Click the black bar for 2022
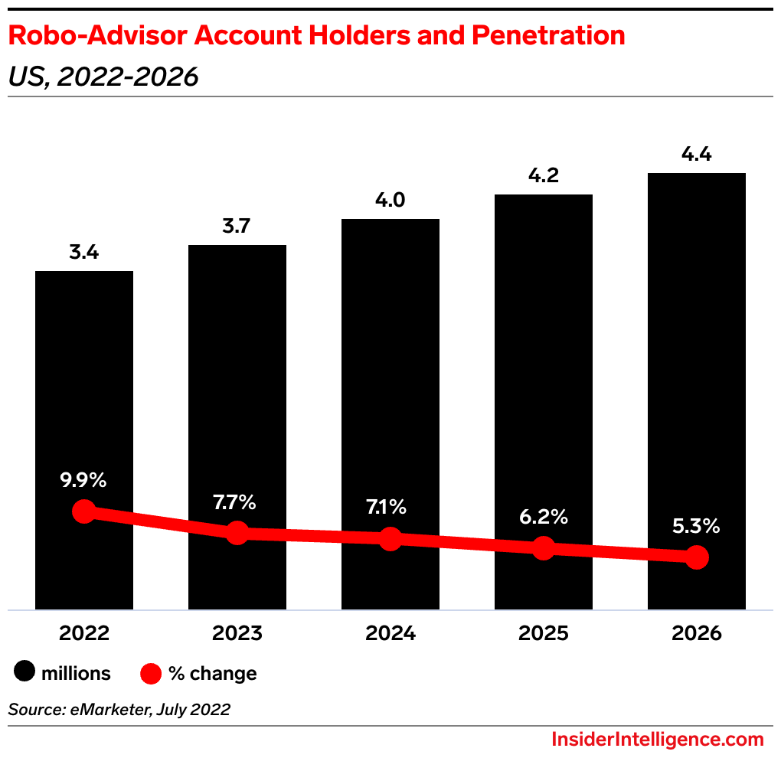[x=84, y=383]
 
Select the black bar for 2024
[x=390, y=368]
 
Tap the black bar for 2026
[x=697, y=345]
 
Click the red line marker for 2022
[x=83, y=511]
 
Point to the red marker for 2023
[x=237, y=533]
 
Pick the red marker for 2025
[x=544, y=547]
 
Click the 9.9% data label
[x=84, y=481]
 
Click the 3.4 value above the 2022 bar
[x=84, y=252]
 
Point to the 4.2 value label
[x=544, y=175]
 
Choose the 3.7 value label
[x=237, y=226]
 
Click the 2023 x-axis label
[x=237, y=634]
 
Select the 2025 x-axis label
[x=544, y=634]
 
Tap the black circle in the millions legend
[x=25, y=673]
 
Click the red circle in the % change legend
[x=152, y=673]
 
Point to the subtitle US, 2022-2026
[x=103, y=77]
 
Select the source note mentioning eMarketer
[x=119, y=710]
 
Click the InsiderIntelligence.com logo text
[x=658, y=740]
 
